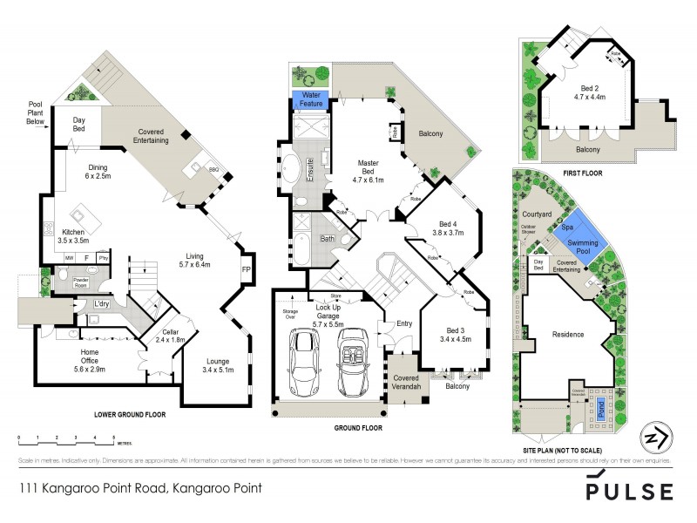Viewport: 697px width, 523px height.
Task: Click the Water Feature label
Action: tap(313, 99)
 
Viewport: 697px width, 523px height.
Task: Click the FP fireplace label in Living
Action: tap(246, 269)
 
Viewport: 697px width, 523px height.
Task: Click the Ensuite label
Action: tap(309, 171)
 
